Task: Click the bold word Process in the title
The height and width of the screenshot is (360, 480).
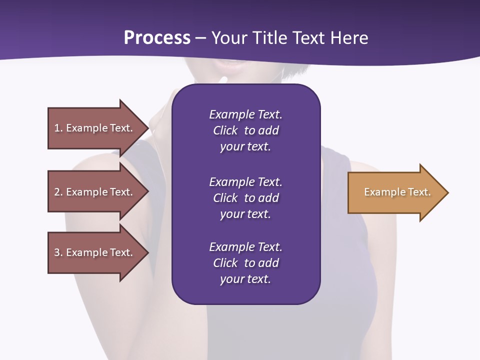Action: click(157, 38)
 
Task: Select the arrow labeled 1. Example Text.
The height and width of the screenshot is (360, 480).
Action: click(93, 128)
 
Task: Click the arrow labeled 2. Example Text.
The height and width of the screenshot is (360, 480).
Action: click(93, 192)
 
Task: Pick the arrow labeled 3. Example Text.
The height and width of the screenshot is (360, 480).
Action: click(93, 252)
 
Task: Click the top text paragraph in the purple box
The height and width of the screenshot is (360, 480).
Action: click(245, 130)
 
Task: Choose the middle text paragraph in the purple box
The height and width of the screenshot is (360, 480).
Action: click(245, 198)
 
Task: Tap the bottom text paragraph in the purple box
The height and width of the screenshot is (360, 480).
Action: click(245, 263)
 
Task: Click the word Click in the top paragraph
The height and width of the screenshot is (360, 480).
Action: click(225, 130)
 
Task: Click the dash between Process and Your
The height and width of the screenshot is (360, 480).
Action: click(201, 38)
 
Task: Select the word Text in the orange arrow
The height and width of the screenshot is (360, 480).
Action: click(419, 192)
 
